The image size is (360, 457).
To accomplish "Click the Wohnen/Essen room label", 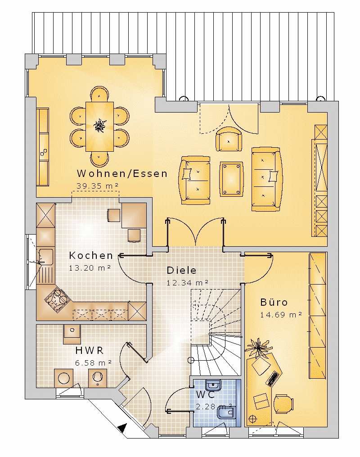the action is [122, 173].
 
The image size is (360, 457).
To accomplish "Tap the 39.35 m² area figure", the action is [97, 186].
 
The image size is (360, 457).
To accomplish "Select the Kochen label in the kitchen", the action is [91, 255].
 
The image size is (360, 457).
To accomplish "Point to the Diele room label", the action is [181, 270].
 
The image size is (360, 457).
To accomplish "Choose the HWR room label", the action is [90, 350].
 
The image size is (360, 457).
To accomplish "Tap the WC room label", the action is [205, 394].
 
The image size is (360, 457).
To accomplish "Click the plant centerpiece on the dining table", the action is [99, 126].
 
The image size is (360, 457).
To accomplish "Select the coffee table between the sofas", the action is [231, 179].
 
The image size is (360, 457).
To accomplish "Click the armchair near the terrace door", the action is [229, 139].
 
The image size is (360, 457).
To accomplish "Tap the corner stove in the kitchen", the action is [57, 300].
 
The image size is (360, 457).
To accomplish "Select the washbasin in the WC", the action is [213, 385].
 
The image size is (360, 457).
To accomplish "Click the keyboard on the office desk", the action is [272, 378].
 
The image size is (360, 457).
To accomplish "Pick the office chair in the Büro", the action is [283, 404].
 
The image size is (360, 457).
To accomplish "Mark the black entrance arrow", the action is [122, 428].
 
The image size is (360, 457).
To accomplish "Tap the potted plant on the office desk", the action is [258, 348].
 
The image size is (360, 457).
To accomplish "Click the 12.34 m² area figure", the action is [187, 283].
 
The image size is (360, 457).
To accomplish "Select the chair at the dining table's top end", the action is [99, 94].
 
